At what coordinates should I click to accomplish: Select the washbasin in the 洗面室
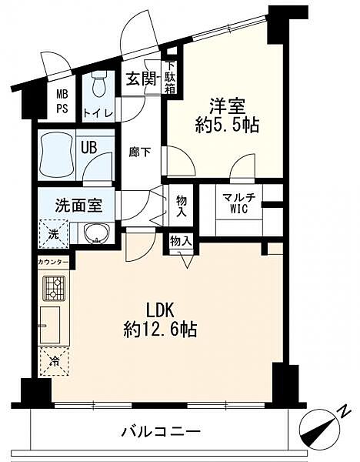tap(96, 233)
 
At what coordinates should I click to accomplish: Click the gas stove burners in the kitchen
tap(54, 289)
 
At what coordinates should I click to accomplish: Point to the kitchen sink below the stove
tap(50, 325)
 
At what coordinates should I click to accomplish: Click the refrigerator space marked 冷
tap(54, 362)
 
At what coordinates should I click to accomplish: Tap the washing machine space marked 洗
tap(54, 234)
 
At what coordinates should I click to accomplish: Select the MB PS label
tap(62, 102)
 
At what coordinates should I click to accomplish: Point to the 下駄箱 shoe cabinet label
tap(170, 77)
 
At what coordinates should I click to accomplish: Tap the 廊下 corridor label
tap(140, 152)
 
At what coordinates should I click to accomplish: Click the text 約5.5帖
tap(227, 126)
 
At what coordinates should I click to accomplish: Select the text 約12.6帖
tap(160, 329)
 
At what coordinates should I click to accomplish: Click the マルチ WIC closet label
tap(238, 203)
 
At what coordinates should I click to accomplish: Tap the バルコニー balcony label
tap(162, 432)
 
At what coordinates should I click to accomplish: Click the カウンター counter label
tap(53, 262)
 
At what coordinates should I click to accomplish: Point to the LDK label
tap(161, 310)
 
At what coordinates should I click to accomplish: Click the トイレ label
tap(98, 113)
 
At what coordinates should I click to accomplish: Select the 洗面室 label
tap(78, 205)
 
